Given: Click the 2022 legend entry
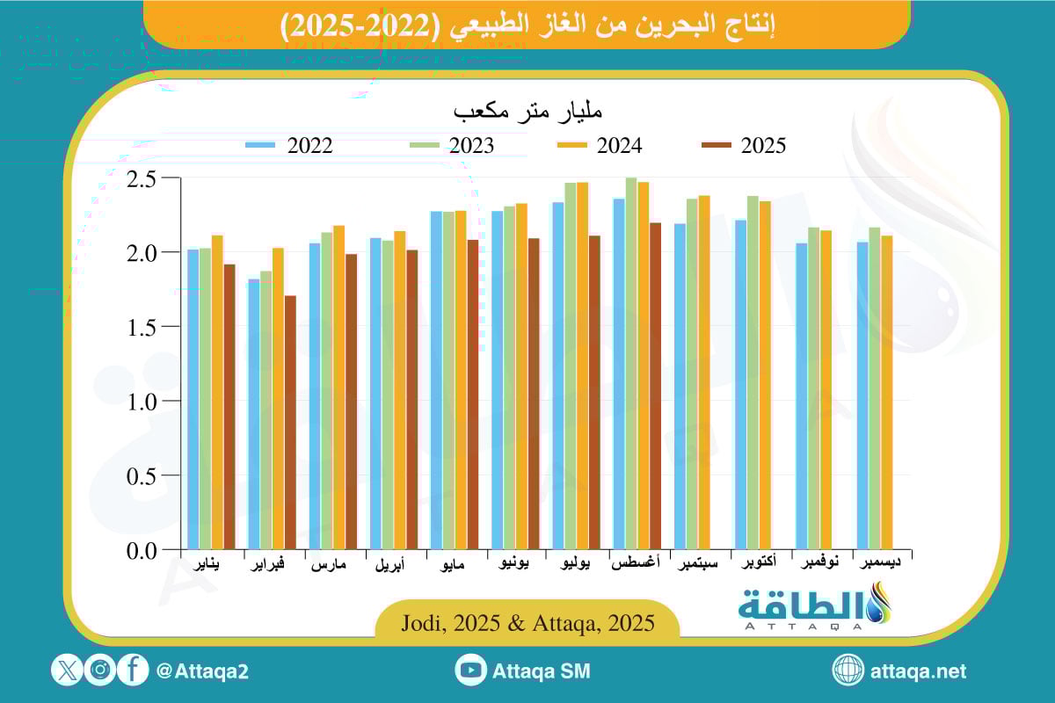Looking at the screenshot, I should point(290,146).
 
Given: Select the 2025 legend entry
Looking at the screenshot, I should point(744,146).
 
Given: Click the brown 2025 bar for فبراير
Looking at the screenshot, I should point(290,423).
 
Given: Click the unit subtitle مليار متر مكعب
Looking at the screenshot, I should point(527,112).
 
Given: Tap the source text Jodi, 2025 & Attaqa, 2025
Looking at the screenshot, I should point(527,624).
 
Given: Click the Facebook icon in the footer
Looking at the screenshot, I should point(133,670).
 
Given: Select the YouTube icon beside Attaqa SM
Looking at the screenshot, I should point(471,670).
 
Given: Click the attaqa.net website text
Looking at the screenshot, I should point(918,671).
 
